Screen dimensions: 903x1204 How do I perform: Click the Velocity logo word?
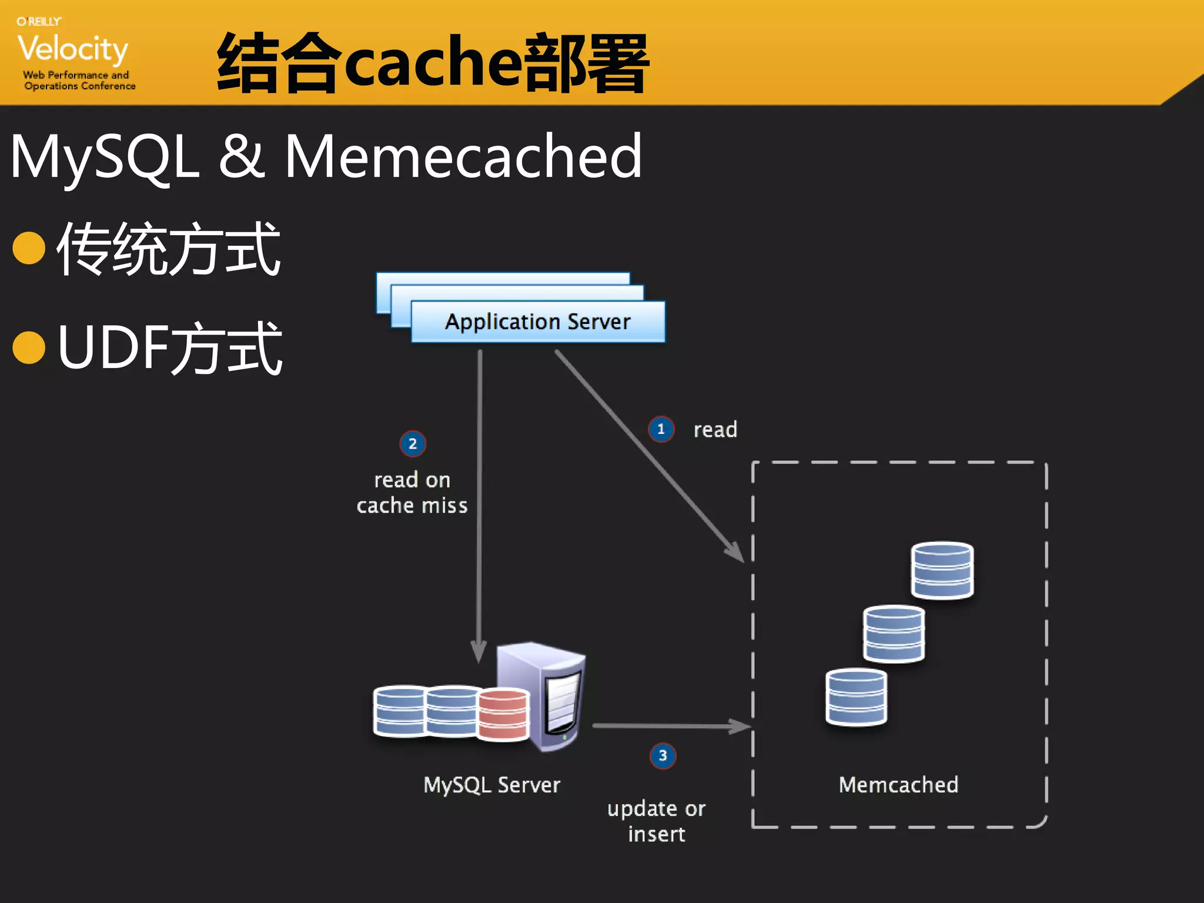tap(72, 49)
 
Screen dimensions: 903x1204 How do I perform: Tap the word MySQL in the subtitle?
tap(105, 156)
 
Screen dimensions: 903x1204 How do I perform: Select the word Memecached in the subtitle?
tap(463, 156)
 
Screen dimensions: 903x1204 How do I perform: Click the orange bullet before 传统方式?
tap(29, 248)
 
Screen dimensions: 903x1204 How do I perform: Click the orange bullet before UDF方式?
tap(29, 347)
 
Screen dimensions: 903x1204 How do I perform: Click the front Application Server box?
tap(537, 322)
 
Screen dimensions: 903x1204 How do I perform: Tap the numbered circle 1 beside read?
tap(661, 429)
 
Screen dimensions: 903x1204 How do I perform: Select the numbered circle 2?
tap(413, 444)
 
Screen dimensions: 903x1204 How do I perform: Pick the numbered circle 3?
tap(663, 755)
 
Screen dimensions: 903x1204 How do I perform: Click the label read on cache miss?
tap(412, 493)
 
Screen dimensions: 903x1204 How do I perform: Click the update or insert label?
tap(656, 821)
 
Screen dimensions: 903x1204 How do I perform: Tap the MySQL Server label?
tap(491, 785)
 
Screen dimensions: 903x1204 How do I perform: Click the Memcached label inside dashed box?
tap(898, 785)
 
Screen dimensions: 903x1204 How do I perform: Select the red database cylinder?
tap(503, 714)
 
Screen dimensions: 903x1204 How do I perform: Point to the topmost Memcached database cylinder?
tap(942, 570)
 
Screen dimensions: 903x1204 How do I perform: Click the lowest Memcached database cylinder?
tap(856, 697)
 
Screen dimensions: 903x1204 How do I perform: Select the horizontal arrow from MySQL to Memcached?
tap(670, 727)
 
